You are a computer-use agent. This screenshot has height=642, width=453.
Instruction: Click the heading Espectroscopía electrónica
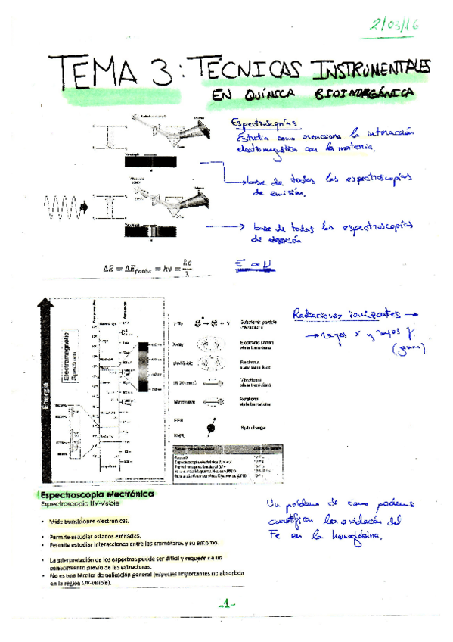pos(98,494)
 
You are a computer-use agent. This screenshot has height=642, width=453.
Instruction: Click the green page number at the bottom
pos(226,603)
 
